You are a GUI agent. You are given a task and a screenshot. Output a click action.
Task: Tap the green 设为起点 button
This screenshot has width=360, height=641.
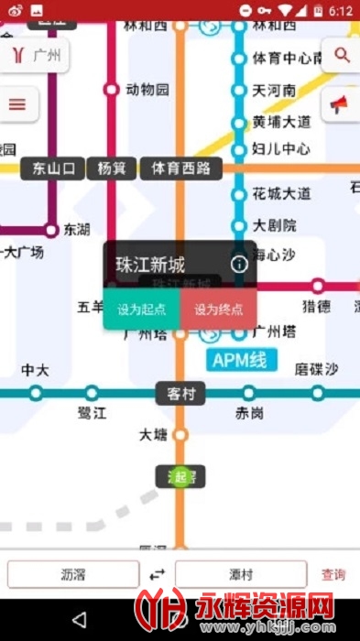click(x=141, y=310)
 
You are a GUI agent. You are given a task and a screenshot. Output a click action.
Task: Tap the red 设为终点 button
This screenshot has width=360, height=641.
click(x=218, y=310)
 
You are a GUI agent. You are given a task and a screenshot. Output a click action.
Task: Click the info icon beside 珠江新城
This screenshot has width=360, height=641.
click(x=239, y=265)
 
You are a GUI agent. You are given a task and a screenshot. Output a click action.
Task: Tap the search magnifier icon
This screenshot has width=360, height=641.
click(x=343, y=55)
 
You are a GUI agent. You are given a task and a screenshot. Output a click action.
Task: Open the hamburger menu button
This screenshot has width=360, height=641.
click(x=16, y=103)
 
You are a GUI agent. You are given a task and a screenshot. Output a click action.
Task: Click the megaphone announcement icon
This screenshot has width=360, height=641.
click(x=339, y=103)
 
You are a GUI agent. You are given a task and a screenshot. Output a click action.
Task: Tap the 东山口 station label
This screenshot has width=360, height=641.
click(x=52, y=168)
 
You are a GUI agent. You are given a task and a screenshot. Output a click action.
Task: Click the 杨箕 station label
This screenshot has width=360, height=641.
click(x=112, y=168)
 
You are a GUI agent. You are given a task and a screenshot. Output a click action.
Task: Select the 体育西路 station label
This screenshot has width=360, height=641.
click(x=180, y=168)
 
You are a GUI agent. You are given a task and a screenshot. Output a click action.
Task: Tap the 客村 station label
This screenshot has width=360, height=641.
click(x=180, y=394)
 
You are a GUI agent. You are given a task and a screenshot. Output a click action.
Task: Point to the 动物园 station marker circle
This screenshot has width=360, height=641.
click(x=112, y=90)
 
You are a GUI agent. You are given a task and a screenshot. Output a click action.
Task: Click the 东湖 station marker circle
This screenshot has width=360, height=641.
click(x=51, y=231)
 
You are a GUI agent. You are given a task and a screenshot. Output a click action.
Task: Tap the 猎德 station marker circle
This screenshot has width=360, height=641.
click(x=318, y=286)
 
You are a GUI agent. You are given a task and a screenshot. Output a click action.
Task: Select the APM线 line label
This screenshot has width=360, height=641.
click(x=239, y=360)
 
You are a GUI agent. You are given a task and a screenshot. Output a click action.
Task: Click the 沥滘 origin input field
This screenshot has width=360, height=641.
click(x=73, y=575)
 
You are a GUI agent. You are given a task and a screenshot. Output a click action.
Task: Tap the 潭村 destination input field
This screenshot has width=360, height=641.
click(x=241, y=575)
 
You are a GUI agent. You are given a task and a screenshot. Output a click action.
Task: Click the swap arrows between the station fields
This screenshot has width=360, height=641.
click(x=158, y=575)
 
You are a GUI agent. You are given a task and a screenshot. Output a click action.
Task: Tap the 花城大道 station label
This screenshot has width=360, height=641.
click(x=281, y=193)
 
